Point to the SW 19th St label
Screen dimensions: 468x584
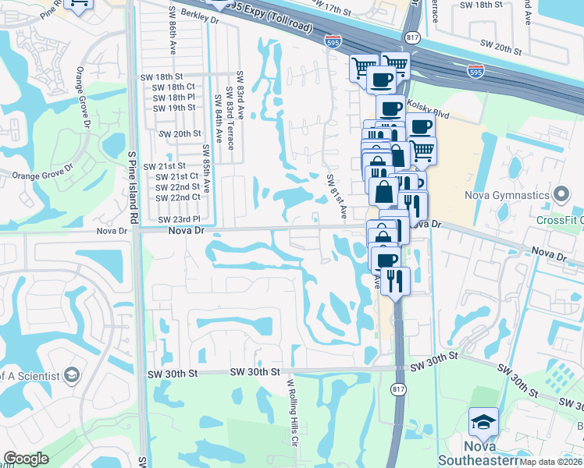click(x=174, y=108)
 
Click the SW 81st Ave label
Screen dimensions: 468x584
click(x=337, y=195)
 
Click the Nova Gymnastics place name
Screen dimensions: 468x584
click(x=507, y=194)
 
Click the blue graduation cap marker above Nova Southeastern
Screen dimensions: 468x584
click(x=483, y=422)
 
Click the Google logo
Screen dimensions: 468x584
click(x=26, y=459)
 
